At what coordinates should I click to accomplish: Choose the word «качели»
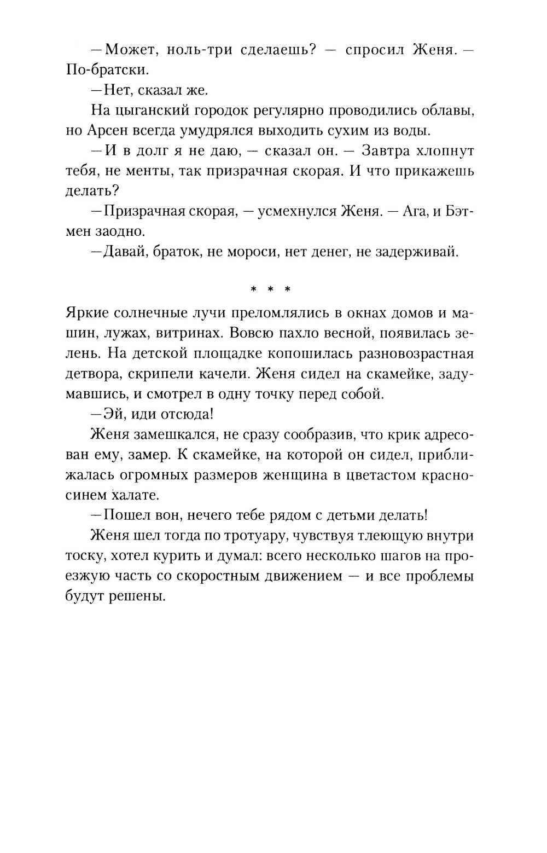(x=220, y=374)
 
